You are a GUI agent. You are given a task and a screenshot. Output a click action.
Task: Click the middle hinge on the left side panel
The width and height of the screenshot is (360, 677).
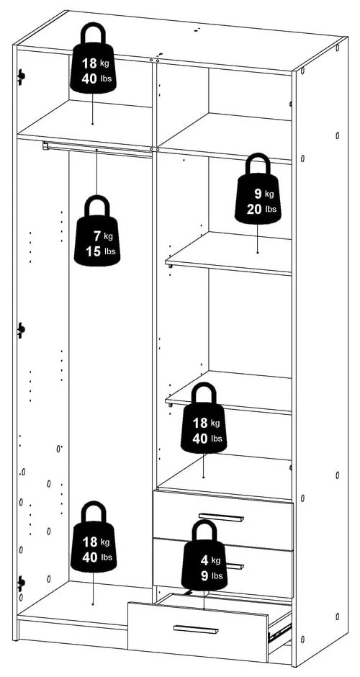click(22, 330)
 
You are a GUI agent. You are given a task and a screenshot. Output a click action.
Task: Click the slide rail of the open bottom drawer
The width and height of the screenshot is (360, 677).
click(278, 633)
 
